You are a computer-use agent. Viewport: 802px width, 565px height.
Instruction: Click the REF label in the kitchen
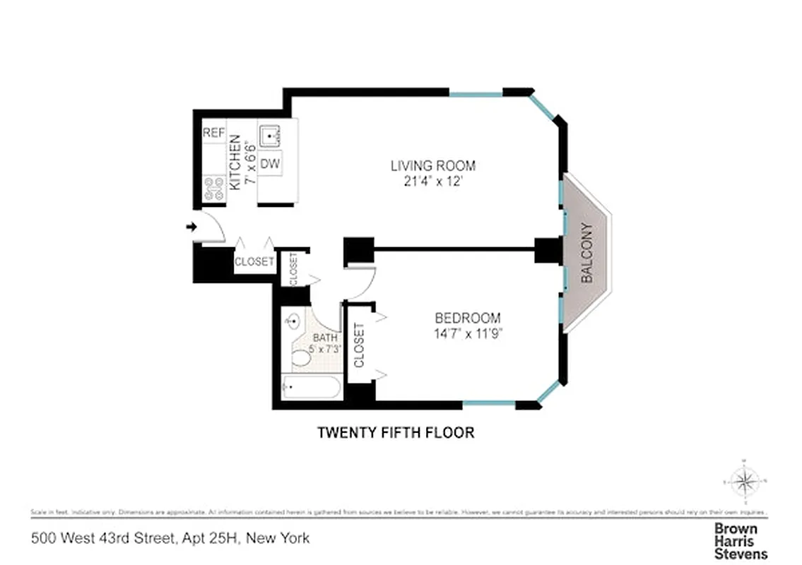coord(213,133)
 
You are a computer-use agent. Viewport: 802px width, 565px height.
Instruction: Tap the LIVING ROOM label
coord(432,166)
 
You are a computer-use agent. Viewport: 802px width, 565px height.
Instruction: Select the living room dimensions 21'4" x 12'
coord(432,181)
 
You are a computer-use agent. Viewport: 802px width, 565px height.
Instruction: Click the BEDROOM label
coord(467,318)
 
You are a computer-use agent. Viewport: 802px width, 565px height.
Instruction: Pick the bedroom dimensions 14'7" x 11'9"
coord(467,333)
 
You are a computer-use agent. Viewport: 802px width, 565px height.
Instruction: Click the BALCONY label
coord(586,253)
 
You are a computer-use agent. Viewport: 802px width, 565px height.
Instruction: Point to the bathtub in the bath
coord(310,388)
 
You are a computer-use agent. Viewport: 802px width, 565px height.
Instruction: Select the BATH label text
coord(326,338)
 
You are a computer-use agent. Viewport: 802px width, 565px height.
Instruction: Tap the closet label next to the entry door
coord(254,261)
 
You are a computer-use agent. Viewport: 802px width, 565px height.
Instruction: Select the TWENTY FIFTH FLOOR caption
coord(395,432)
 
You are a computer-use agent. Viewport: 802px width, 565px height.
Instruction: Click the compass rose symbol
coord(743,482)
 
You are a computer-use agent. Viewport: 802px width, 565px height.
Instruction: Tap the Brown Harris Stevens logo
coord(740,541)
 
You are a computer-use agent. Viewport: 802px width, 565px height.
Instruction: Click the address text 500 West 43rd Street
coord(102,539)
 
